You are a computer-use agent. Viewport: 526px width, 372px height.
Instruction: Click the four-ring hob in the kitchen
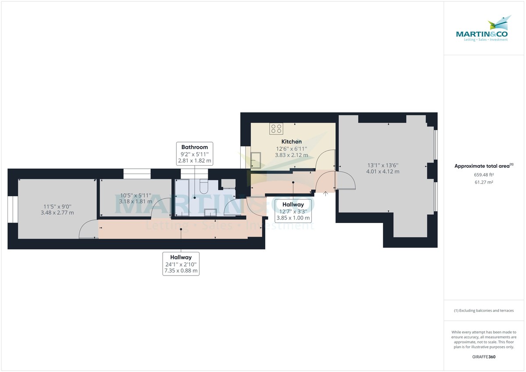(277, 128)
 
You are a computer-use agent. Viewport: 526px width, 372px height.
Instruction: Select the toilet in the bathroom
(204, 188)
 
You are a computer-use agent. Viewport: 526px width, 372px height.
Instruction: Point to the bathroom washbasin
(211, 213)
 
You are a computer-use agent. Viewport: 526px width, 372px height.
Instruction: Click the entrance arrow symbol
(325, 194)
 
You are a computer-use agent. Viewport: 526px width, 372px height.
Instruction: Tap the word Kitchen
(291, 142)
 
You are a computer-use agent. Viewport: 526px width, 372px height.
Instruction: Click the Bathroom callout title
(195, 147)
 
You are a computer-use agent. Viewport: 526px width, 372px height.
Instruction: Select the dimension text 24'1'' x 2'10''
(181, 264)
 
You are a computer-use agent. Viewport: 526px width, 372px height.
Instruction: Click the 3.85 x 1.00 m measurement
(293, 218)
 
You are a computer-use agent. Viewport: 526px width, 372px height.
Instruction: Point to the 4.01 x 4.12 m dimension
(383, 172)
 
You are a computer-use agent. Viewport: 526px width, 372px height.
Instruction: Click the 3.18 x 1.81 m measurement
(135, 202)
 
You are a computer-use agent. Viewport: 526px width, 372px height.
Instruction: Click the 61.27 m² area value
(484, 182)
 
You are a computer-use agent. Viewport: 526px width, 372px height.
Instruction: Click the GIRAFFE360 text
(484, 357)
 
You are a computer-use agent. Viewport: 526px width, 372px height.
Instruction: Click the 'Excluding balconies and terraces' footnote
(484, 311)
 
